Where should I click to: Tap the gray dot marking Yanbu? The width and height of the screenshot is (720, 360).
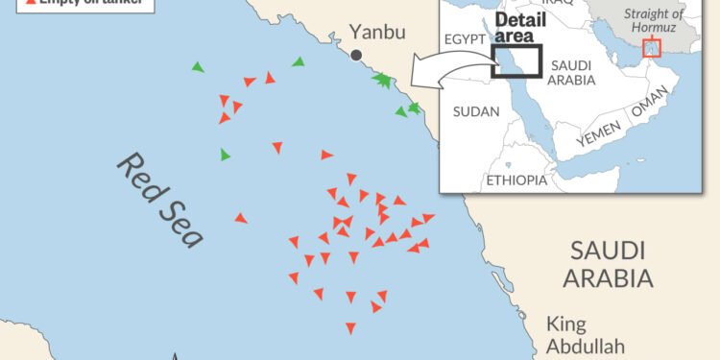(x=356, y=56)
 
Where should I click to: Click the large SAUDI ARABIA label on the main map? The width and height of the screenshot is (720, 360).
(x=608, y=265)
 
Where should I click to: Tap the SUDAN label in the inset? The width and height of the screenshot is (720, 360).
(x=476, y=112)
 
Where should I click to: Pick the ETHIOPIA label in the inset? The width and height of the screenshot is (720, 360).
(x=516, y=180)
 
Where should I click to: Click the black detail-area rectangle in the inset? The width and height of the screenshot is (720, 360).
(x=516, y=60)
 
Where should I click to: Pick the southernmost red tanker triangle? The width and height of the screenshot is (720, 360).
(x=350, y=328)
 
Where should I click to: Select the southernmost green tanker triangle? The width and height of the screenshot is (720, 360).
(x=226, y=155)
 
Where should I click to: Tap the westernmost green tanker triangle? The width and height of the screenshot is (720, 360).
(x=198, y=67)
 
